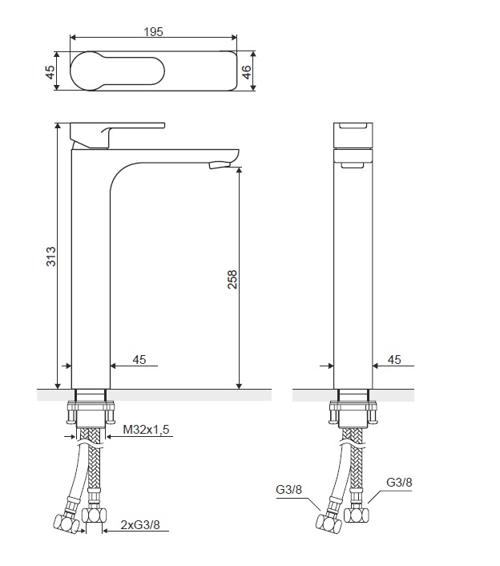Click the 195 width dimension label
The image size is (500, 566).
153,32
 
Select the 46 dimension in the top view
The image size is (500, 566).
246,71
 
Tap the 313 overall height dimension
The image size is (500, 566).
50,257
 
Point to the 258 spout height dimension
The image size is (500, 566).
232,279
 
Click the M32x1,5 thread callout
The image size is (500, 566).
146,430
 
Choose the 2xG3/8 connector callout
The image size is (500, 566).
140,524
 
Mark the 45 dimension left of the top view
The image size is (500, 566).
50,72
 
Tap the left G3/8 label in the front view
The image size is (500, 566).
288,490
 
